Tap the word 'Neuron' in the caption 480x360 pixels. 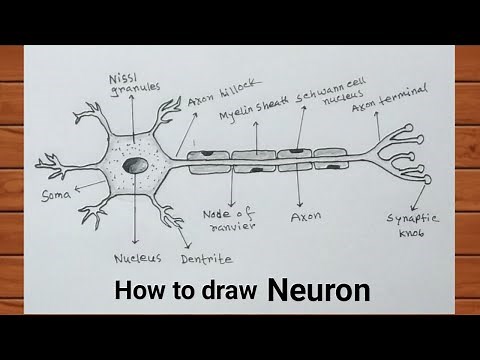pos(318,291)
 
